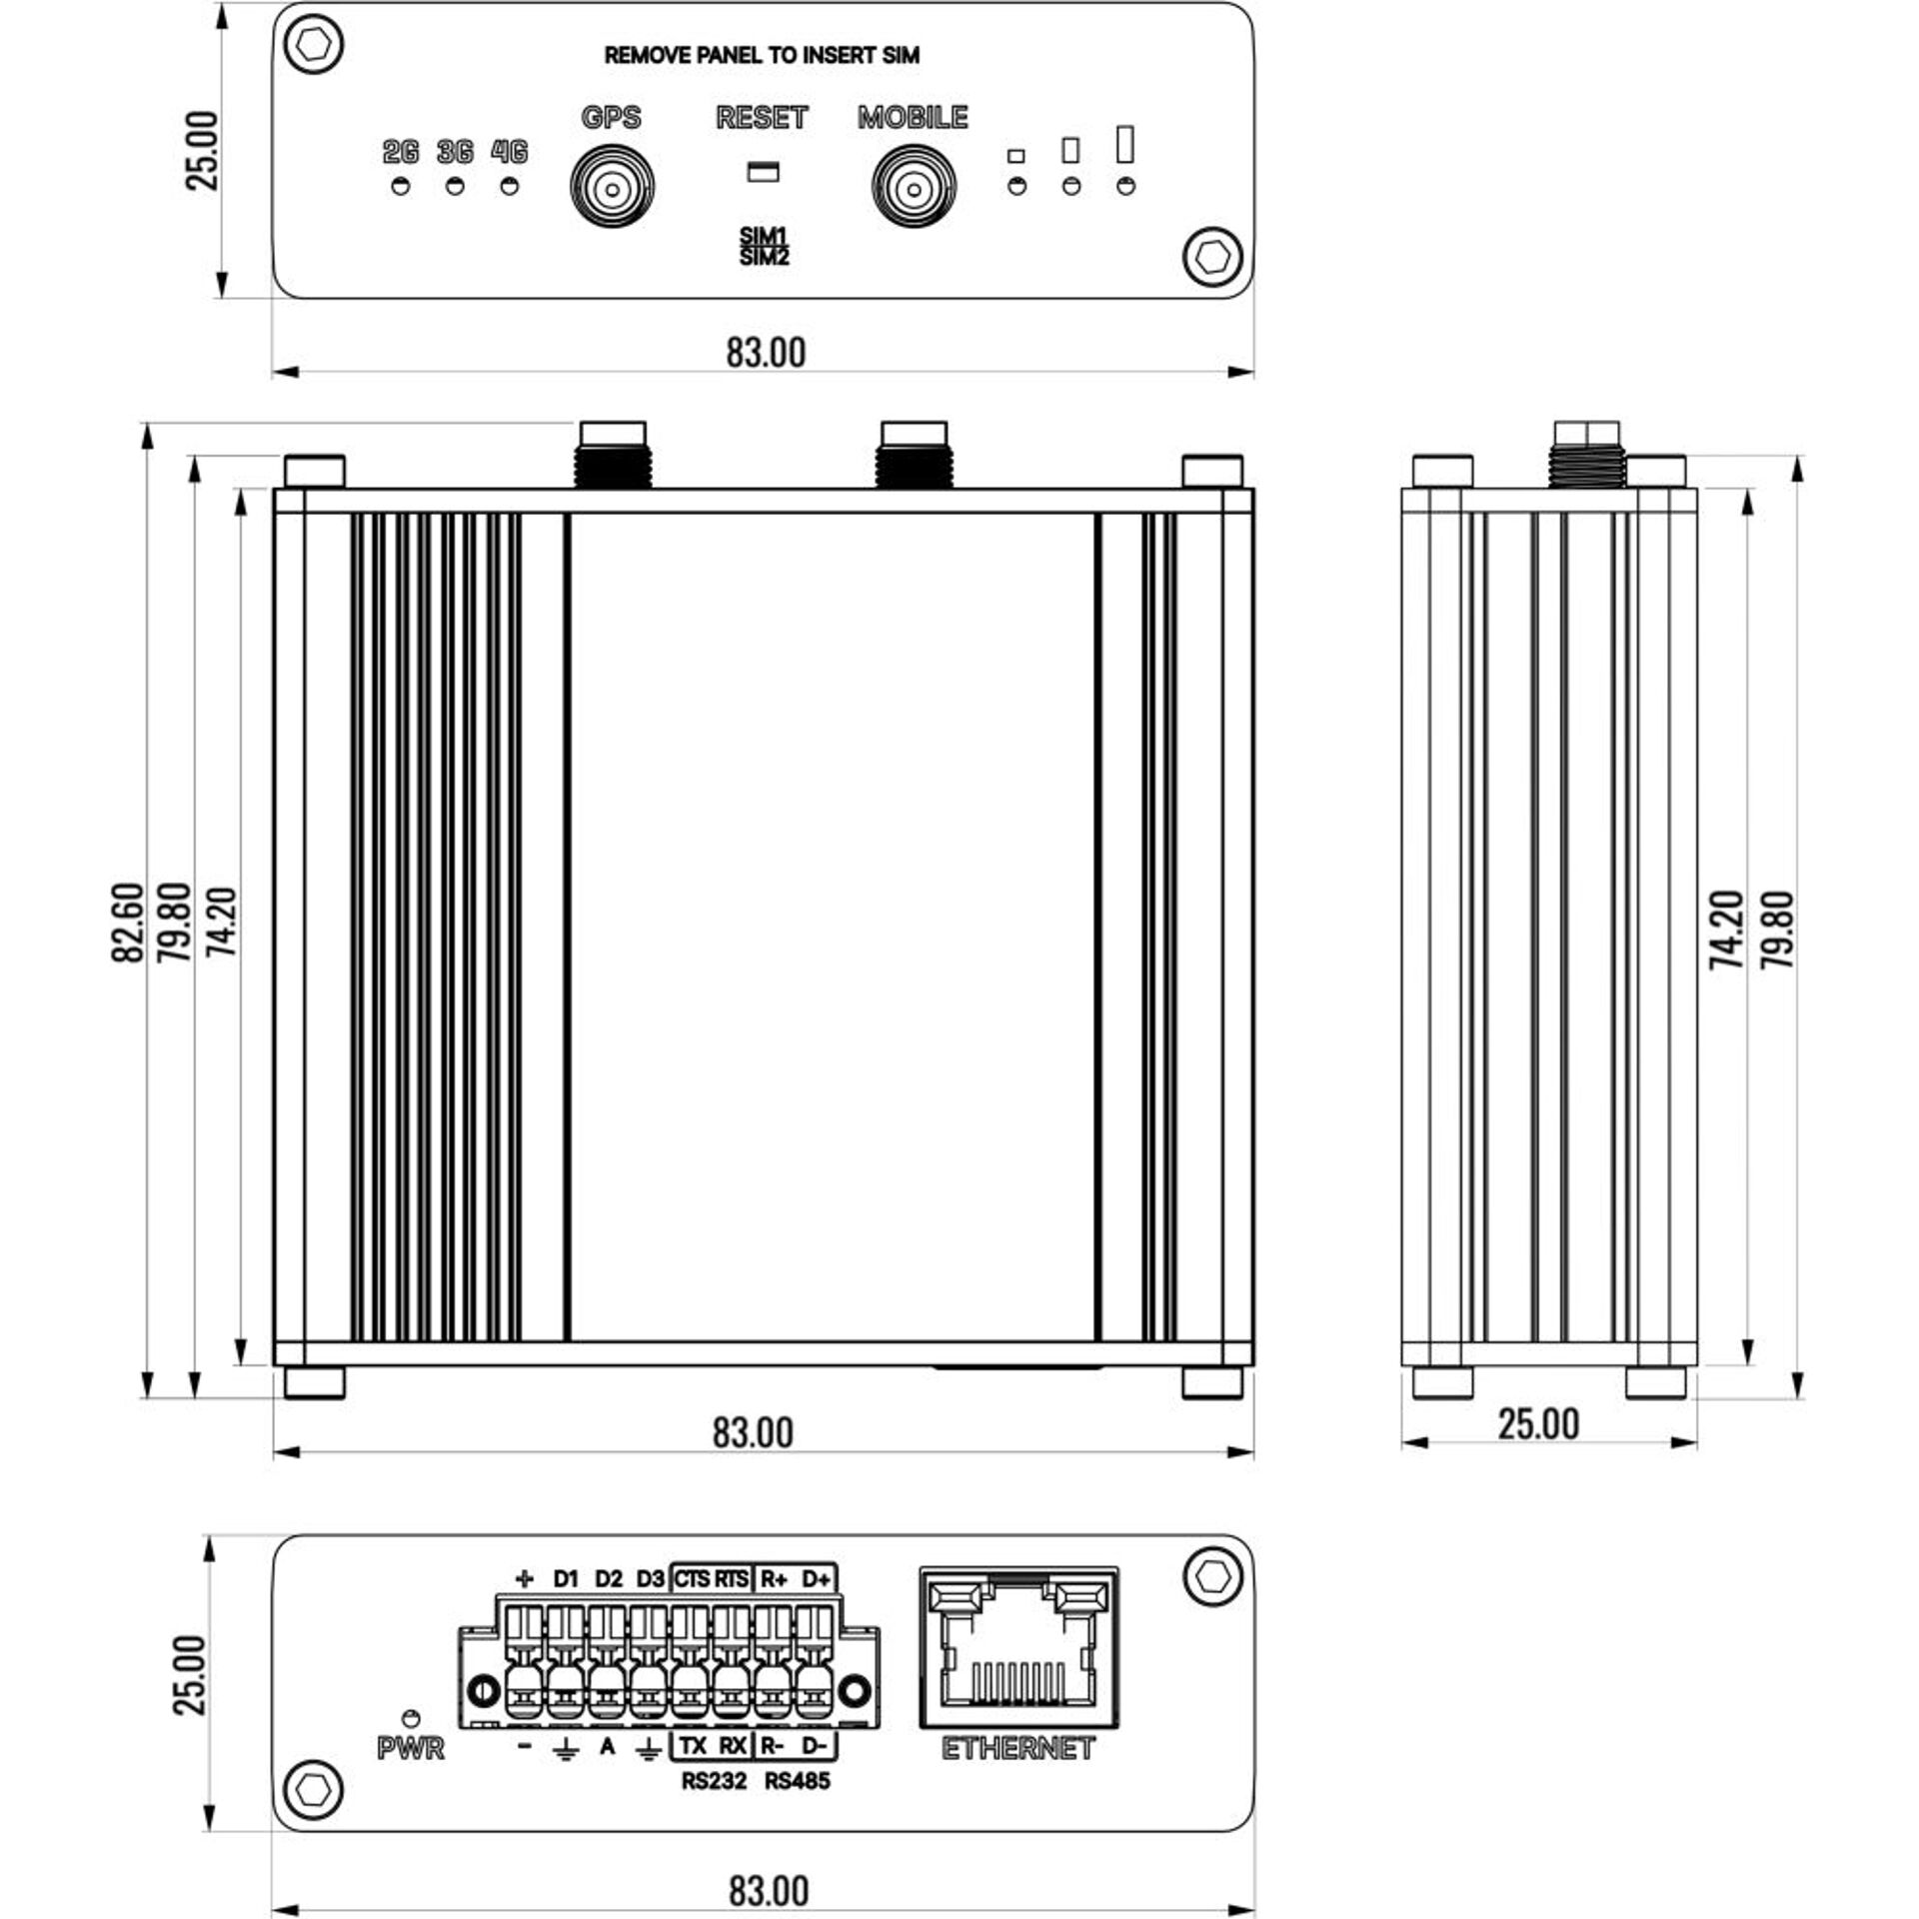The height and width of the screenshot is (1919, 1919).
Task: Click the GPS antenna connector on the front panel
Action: coord(612,187)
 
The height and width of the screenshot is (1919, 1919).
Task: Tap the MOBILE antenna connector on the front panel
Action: coord(914,187)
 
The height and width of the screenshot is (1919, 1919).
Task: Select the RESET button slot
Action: coord(763,171)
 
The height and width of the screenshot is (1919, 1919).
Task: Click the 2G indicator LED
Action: coord(401,187)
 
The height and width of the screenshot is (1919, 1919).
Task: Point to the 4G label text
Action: coord(509,152)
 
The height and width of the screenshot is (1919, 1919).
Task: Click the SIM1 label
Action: coord(764,236)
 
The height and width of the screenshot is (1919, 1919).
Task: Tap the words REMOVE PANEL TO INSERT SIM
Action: coord(762,56)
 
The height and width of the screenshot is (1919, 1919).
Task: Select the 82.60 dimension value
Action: coord(128,922)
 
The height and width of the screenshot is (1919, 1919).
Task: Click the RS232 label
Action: coord(714,1781)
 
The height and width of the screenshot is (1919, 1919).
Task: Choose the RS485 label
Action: coord(798,1781)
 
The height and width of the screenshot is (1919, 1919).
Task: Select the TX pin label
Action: coord(693,1745)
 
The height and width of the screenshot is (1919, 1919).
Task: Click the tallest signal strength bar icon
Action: coord(1125,144)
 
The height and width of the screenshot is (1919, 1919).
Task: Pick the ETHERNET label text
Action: coord(1017,1749)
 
